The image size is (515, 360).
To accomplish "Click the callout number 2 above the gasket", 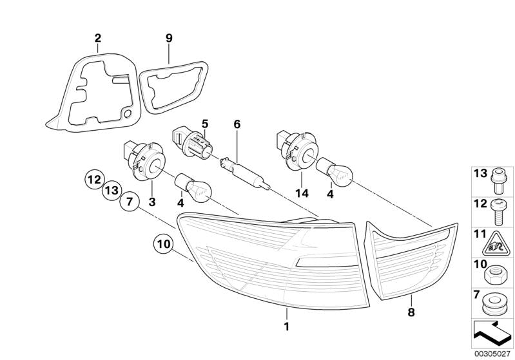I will point(98,38).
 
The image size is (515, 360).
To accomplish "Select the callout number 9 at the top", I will point(169,38).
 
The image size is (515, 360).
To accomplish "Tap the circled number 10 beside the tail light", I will point(163,244).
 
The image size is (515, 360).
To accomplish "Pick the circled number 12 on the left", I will point(93,178).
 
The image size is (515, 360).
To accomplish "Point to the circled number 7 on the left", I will point(128,203).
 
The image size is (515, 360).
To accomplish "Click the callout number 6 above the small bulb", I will point(237,123).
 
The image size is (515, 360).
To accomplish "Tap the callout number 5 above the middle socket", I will point(205,123).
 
